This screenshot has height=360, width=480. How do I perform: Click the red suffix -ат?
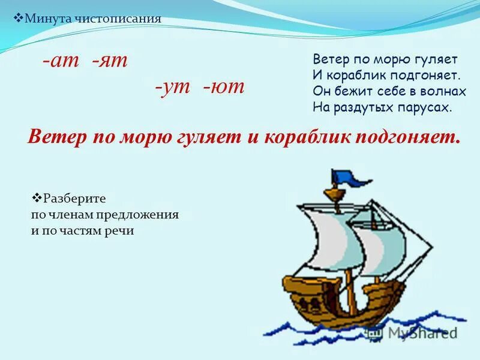(x=61, y=61)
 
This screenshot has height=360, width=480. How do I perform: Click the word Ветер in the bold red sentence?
(x=55, y=136)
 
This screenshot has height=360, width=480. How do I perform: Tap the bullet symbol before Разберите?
(x=35, y=197)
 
